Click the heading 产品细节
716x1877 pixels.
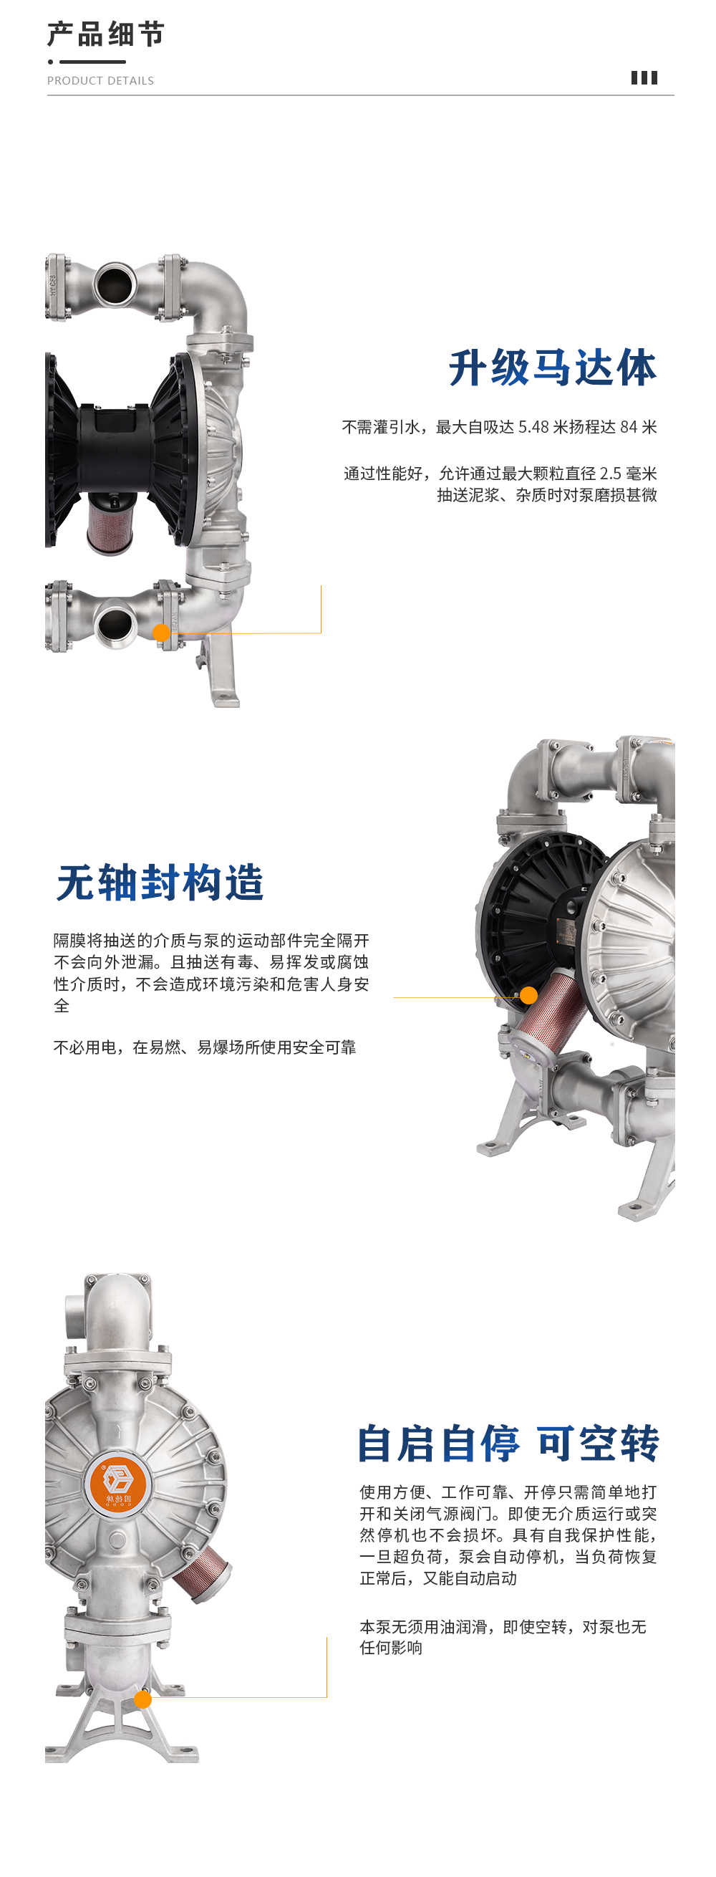(107, 34)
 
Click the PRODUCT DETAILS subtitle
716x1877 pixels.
(100, 81)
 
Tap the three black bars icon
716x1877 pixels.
(644, 78)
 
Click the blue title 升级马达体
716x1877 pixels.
(553, 368)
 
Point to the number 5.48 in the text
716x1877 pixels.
(533, 427)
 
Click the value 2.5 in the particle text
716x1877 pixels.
(610, 474)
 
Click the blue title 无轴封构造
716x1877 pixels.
(160, 883)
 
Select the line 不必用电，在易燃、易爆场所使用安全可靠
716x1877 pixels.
(205, 1047)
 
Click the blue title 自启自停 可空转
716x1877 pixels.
(508, 1444)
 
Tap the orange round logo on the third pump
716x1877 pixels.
(117, 1485)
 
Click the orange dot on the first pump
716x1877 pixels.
(162, 633)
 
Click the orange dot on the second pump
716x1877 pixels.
(529, 995)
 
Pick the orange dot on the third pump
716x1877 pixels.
(142, 1699)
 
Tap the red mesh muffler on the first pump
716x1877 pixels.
(110, 522)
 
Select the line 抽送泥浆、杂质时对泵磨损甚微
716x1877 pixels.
(547, 495)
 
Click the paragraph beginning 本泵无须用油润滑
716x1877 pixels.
(503, 1637)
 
